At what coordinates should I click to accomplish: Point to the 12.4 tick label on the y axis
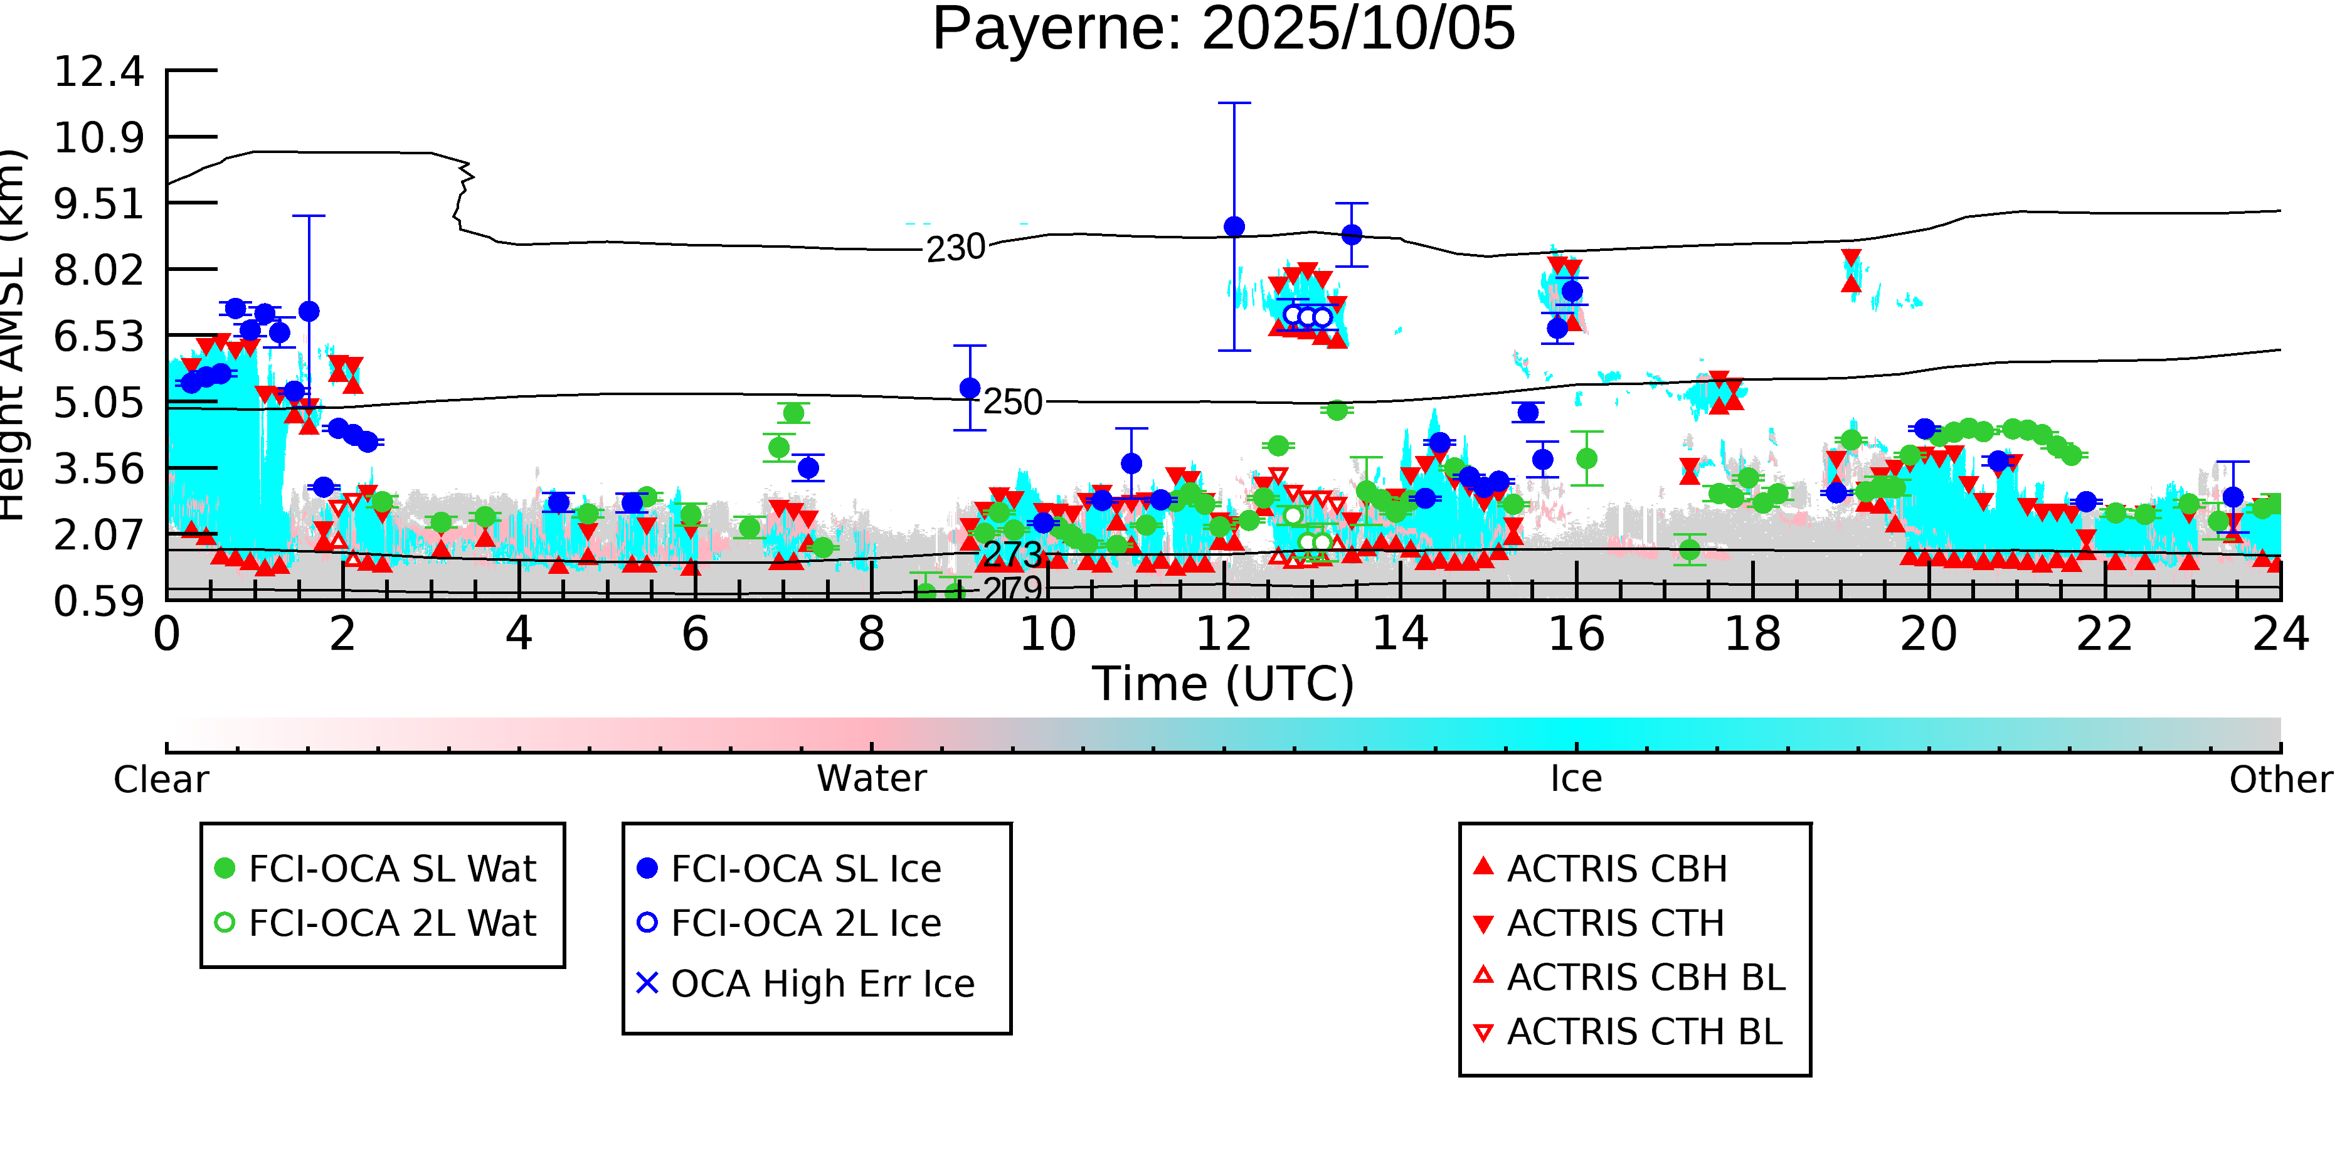98,72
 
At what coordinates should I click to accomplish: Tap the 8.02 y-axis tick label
98,270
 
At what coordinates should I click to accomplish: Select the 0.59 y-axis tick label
98,601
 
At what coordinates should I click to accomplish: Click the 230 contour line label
955,248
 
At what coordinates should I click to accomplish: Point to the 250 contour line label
1012,403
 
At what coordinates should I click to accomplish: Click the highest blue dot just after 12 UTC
1234,226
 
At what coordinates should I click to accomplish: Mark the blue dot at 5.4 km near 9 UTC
970,388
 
